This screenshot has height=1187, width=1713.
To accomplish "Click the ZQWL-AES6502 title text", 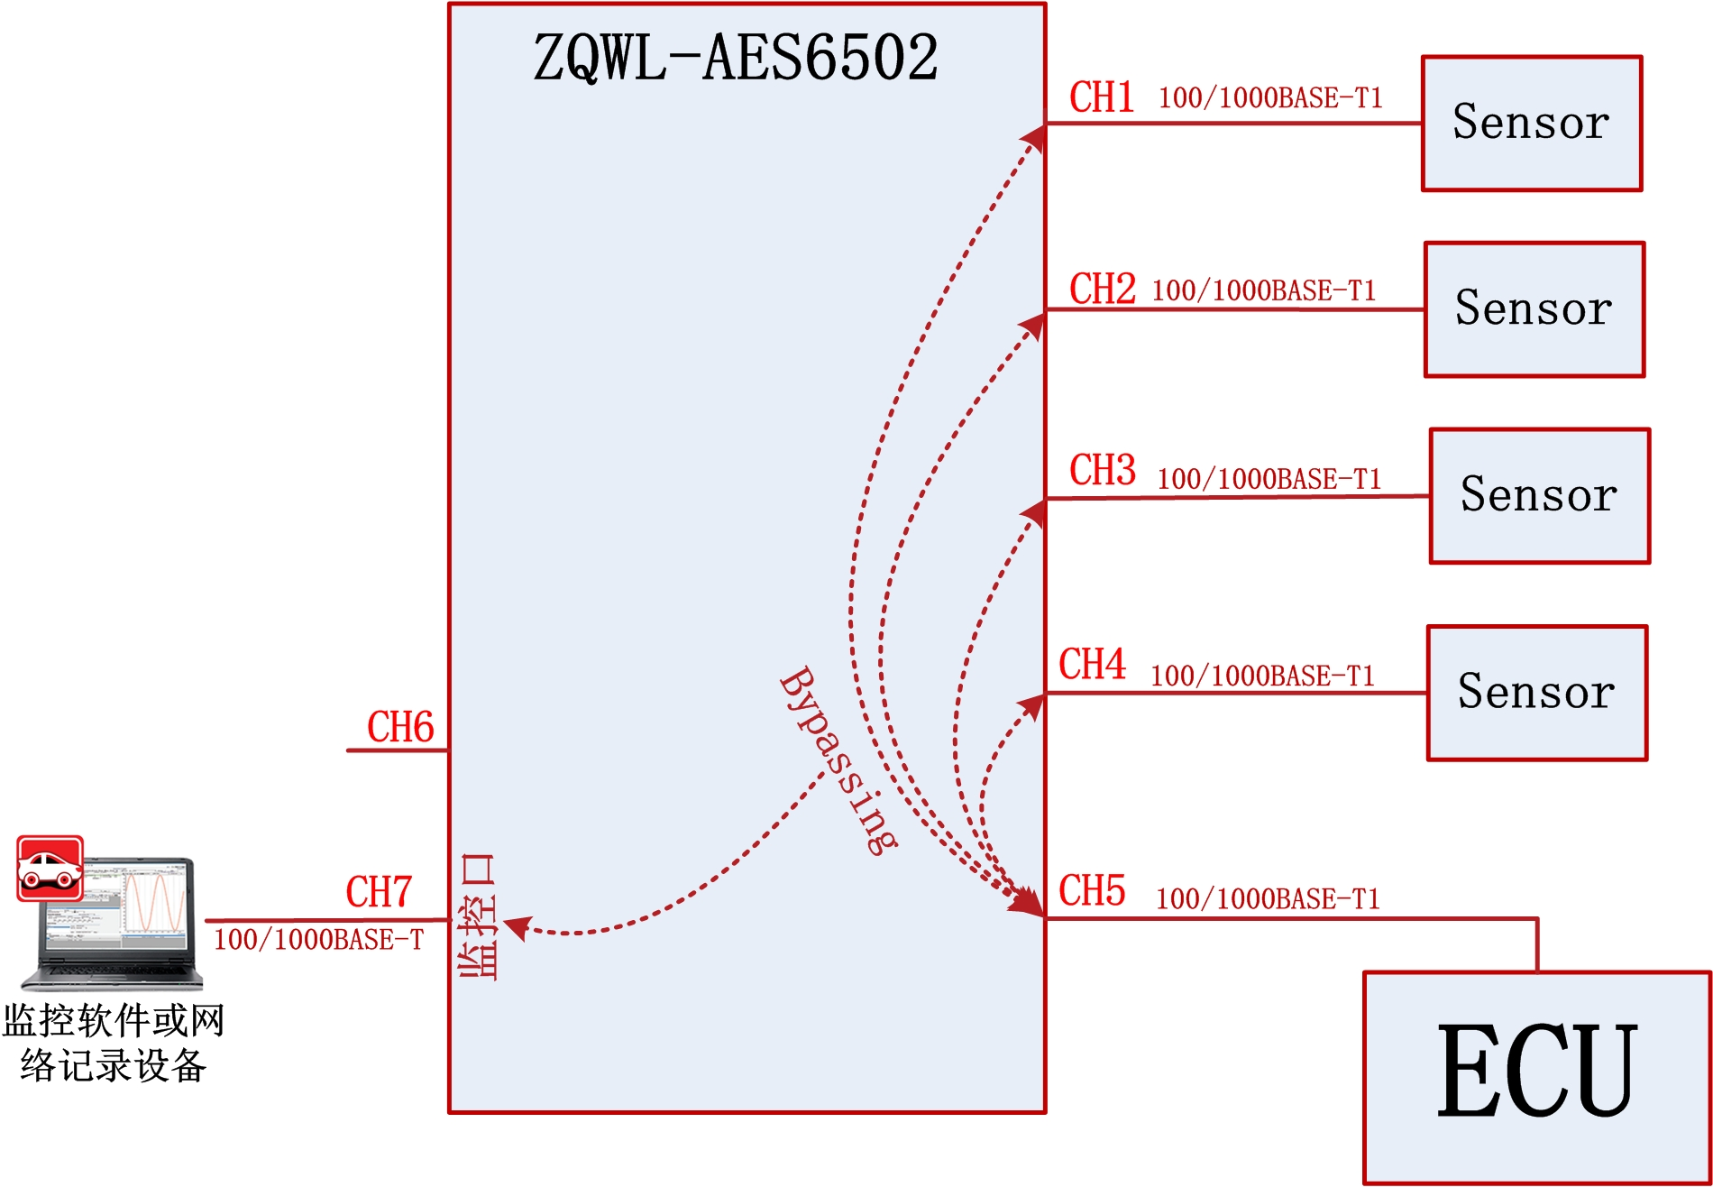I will tap(735, 58).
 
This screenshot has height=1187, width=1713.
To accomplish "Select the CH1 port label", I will tap(1101, 97).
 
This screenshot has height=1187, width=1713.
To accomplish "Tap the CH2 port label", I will tap(1102, 290).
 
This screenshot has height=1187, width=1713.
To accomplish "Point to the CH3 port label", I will tap(1102, 471).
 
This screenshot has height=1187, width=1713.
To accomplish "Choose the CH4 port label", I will tap(1092, 665).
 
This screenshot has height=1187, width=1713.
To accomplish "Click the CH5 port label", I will tap(1092, 891).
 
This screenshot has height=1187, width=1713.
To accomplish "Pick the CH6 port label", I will tap(400, 727).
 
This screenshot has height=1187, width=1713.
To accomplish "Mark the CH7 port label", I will tap(379, 892).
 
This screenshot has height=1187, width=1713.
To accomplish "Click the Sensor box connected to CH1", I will tap(1531, 124).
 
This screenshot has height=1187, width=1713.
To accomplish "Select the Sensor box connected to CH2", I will tap(1534, 309).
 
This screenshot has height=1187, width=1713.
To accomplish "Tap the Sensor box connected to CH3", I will tap(1539, 496).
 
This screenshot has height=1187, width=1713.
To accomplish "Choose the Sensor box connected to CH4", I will tap(1536, 693).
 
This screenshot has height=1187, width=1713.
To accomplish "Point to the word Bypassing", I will tap(838, 760).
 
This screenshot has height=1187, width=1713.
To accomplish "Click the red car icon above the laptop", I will tap(50, 868).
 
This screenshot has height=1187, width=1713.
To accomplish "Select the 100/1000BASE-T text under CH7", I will tap(318, 940).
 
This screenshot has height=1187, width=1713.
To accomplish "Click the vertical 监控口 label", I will tap(478, 916).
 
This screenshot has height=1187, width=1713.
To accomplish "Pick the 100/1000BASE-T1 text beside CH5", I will tap(1268, 898).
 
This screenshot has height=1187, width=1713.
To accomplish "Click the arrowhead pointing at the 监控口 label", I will tap(516, 927).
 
